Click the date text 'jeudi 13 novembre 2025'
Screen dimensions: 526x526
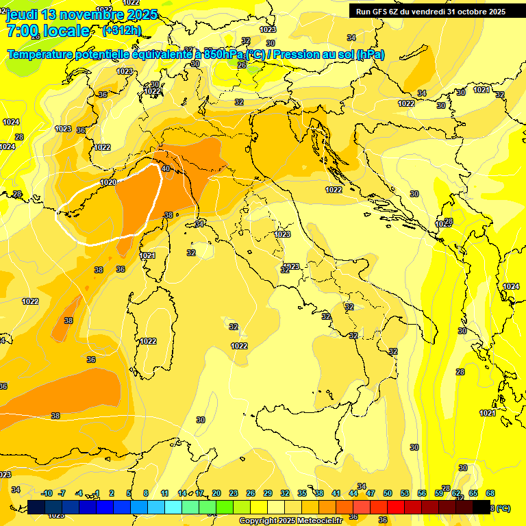(x=82, y=14)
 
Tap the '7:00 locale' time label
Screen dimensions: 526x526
(x=48, y=31)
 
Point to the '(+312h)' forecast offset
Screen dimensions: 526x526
(x=122, y=30)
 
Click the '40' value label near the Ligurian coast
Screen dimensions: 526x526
(x=166, y=168)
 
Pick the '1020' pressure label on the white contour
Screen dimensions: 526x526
(x=108, y=182)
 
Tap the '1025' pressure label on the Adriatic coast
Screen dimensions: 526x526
(x=443, y=224)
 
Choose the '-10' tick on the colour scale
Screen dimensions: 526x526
(x=47, y=493)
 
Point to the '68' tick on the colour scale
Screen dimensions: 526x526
(x=490, y=493)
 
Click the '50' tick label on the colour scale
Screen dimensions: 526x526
(x=388, y=493)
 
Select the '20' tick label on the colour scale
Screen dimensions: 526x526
(x=216, y=493)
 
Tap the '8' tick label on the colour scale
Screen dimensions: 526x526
(x=146, y=493)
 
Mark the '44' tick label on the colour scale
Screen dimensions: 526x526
(x=353, y=493)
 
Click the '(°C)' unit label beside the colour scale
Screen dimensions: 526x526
(x=501, y=508)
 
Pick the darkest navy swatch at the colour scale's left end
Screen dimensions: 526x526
(x=36, y=507)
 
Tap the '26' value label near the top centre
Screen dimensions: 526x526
(x=241, y=65)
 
